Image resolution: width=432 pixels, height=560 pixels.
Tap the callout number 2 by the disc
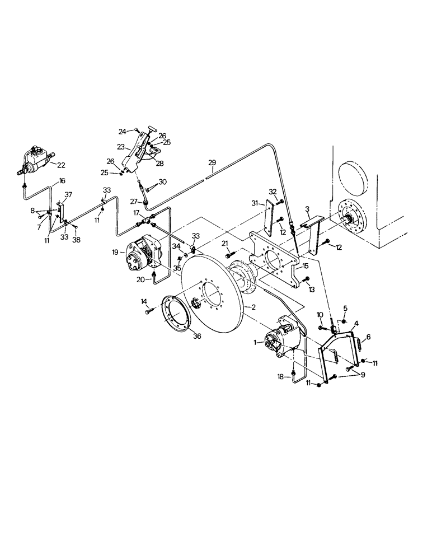[x=253, y=307]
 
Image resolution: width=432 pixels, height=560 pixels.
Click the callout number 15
[x=305, y=266]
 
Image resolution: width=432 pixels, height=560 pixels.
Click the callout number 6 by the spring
[x=367, y=338]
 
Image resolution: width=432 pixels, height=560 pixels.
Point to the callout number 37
[x=68, y=194]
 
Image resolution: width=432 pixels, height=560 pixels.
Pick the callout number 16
[x=62, y=181]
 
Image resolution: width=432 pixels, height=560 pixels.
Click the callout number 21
[x=225, y=243]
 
